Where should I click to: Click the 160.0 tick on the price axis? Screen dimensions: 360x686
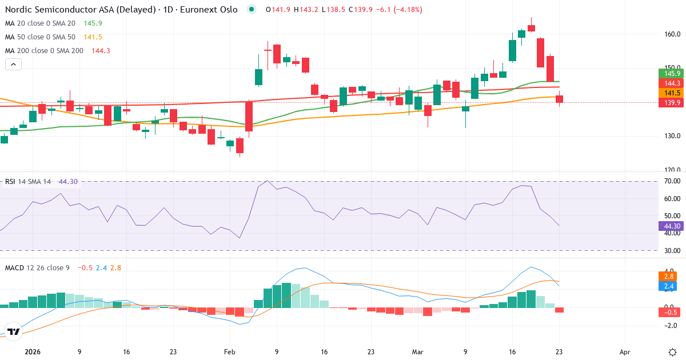click(x=672, y=34)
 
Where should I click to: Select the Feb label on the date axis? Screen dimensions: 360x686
click(x=230, y=352)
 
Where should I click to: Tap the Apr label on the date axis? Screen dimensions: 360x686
click(x=625, y=352)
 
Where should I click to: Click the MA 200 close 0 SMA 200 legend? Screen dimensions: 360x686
click(x=44, y=51)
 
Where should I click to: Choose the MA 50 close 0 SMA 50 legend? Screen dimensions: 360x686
click(x=40, y=37)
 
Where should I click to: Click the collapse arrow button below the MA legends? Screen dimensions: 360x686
click(x=13, y=65)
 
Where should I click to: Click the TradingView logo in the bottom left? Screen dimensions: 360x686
click(x=14, y=331)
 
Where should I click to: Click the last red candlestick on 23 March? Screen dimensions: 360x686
click(x=559, y=99)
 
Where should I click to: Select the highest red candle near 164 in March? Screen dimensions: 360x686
click(x=531, y=27)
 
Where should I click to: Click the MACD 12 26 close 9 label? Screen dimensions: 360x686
click(x=37, y=267)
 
